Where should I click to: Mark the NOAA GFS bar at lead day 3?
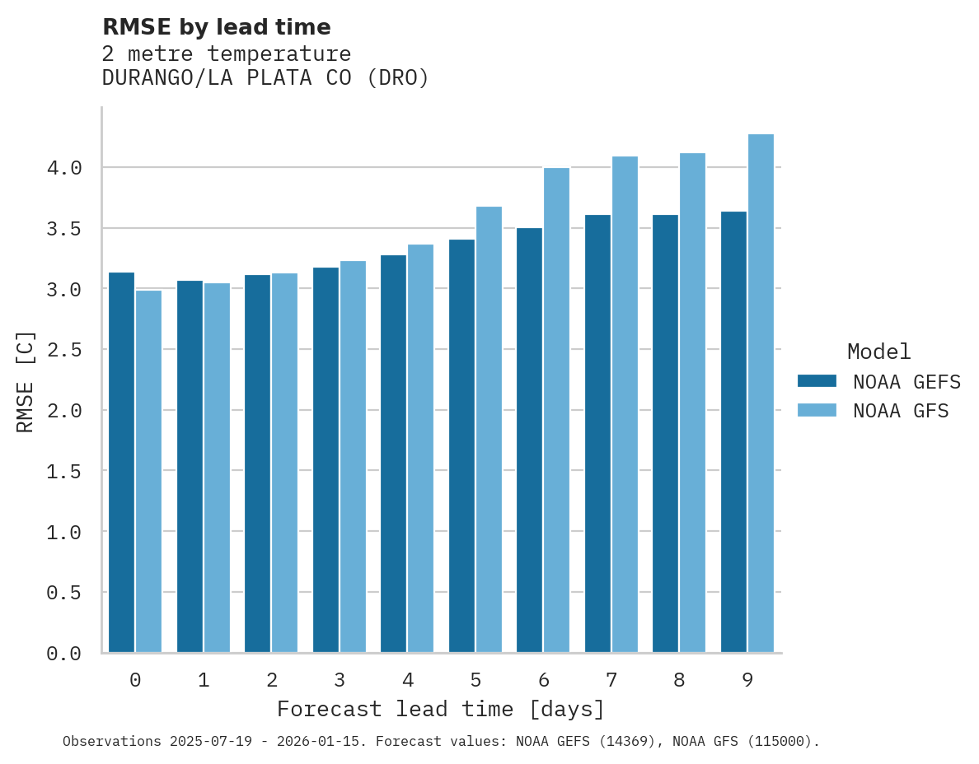click(x=353, y=457)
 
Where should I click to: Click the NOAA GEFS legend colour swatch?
click(x=817, y=381)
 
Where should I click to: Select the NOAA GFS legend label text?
click(x=901, y=411)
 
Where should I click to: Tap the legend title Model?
click(x=878, y=352)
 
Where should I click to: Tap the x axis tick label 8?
click(x=679, y=680)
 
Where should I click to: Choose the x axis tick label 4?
click(x=407, y=680)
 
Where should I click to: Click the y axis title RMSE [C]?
click(x=26, y=381)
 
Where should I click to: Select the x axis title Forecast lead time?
click(x=441, y=709)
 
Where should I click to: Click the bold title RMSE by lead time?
click(x=216, y=27)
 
